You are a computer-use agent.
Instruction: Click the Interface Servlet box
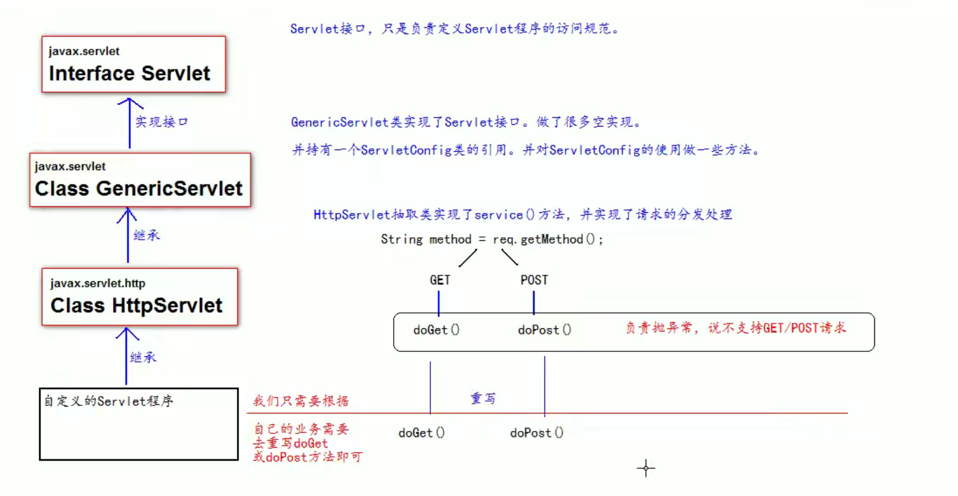(133, 65)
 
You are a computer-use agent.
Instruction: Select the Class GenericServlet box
(140, 180)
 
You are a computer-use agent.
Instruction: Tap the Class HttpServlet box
(139, 297)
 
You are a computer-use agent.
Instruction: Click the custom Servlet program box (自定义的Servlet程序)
(138, 425)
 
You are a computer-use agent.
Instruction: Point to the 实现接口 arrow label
(161, 122)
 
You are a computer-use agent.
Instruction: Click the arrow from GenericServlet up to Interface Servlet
(130, 124)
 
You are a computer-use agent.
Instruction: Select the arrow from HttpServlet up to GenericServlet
(128, 236)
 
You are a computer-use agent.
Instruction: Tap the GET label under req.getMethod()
(440, 281)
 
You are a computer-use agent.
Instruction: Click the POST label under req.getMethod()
(534, 281)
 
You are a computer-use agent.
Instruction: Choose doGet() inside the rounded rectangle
(436, 330)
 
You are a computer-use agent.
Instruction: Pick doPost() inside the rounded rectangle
(544, 330)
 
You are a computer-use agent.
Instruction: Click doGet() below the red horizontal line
(422, 433)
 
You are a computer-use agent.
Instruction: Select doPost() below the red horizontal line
(536, 433)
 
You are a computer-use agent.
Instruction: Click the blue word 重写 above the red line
(483, 399)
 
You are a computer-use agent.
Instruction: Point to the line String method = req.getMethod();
(492, 240)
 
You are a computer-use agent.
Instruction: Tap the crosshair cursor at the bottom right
(646, 469)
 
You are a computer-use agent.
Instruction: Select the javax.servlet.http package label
(97, 284)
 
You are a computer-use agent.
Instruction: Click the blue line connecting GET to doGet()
(439, 303)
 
